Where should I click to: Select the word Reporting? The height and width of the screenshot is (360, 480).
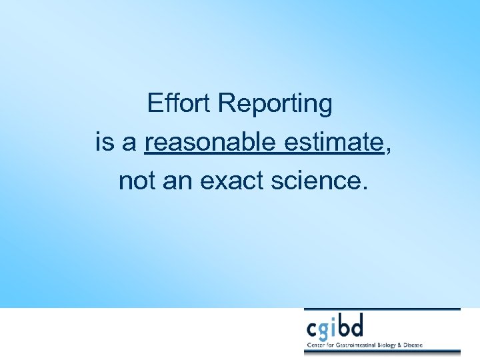click(275, 105)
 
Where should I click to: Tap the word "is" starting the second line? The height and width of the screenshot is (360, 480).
click(105, 142)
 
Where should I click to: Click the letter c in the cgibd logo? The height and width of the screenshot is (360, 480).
click(312, 329)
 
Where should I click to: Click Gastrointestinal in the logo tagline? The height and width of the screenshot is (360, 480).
click(356, 345)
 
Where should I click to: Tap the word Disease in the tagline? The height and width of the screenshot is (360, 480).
click(420, 345)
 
